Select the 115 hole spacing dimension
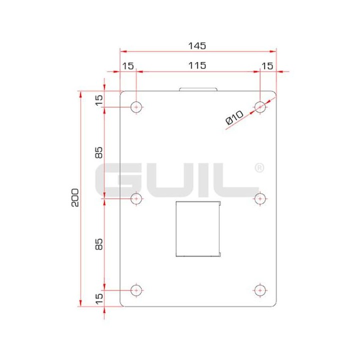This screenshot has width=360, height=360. click(197, 65)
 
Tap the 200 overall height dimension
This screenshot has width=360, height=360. click(74, 198)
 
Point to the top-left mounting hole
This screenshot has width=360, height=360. click(136, 107)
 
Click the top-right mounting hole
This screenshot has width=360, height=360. click(260, 106)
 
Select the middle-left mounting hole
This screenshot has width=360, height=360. click(136, 199)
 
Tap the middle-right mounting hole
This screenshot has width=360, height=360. click(260, 199)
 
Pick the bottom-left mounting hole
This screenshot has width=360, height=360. click(136, 290)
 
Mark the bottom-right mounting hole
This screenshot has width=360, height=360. click(260, 290)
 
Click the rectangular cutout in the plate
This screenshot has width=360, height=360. click(197, 228)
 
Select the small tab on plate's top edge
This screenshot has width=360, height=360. click(198, 89)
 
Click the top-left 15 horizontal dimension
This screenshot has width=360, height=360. click(128, 65)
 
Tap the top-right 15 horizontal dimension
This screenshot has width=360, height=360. click(267, 65)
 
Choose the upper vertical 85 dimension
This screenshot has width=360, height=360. click(99, 153)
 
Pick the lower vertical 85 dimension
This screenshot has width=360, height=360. click(99, 244)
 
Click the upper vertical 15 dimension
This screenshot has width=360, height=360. click(99, 99)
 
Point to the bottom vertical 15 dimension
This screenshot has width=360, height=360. click(99, 298)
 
